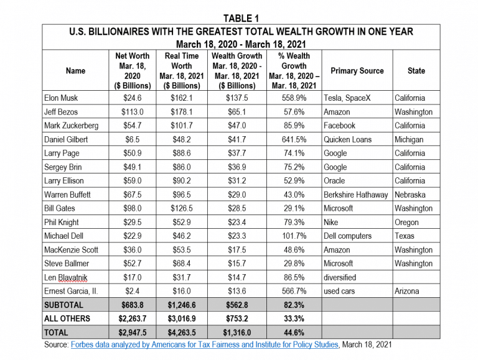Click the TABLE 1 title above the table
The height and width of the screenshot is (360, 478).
241,18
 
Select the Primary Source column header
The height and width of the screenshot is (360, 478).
357,71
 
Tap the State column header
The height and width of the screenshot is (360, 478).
416,71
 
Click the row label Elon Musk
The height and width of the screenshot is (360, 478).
61,98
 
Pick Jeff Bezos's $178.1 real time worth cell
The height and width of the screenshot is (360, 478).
182,112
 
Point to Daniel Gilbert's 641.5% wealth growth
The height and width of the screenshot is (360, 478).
294,139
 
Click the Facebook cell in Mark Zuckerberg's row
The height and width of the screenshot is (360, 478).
339,126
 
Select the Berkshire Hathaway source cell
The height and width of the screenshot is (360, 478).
355,195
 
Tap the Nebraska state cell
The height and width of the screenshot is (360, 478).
410,195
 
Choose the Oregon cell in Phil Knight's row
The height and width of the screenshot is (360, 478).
406,223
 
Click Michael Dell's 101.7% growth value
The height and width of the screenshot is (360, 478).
294,236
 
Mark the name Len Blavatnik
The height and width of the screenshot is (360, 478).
65,277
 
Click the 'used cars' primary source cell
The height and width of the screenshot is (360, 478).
339,291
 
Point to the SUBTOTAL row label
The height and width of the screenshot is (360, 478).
63,305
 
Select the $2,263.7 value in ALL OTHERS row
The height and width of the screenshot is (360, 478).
133,318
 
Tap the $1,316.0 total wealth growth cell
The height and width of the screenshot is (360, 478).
237,333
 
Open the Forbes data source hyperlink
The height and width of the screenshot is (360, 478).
205,344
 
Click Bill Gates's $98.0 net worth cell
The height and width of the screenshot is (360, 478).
133,208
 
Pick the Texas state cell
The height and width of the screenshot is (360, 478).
404,236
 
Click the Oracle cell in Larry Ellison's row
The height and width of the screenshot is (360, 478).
334,180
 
